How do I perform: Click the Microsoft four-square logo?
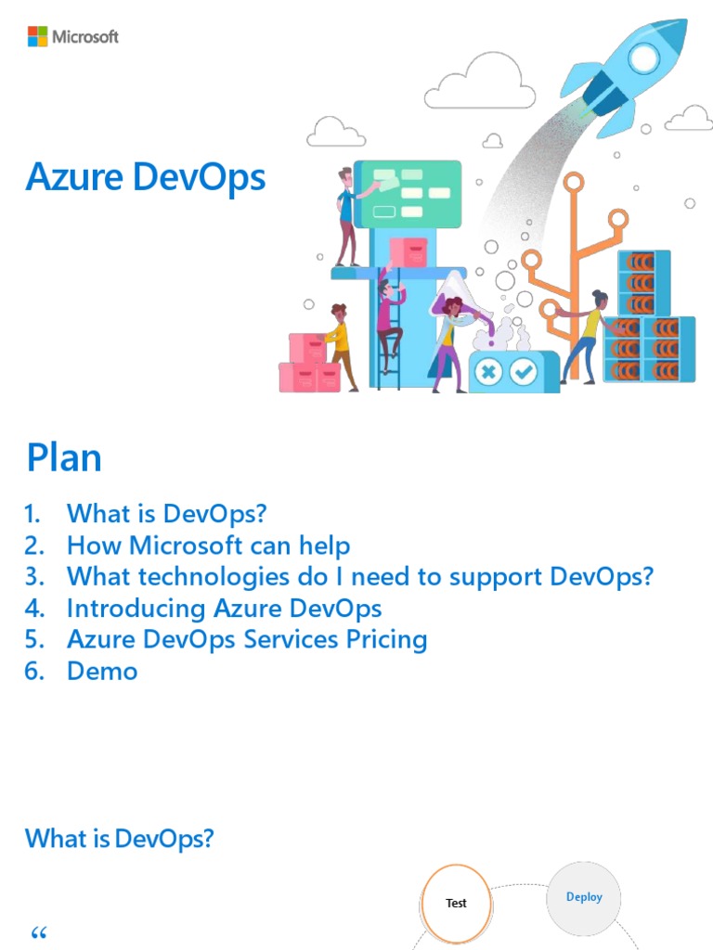click(37, 37)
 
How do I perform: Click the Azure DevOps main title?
click(146, 177)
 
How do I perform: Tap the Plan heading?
click(64, 458)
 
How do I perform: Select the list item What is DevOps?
click(167, 513)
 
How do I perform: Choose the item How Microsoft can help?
click(208, 545)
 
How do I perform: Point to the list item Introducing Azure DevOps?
click(224, 609)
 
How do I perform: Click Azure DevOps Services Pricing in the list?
click(247, 639)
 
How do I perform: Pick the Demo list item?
click(102, 671)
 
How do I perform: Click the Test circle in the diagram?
click(456, 903)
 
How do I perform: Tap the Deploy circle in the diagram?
click(584, 897)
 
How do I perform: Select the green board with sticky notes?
click(408, 194)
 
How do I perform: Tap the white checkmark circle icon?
click(524, 372)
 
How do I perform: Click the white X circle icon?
click(488, 372)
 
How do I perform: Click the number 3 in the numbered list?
click(34, 577)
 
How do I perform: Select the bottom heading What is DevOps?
click(120, 839)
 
